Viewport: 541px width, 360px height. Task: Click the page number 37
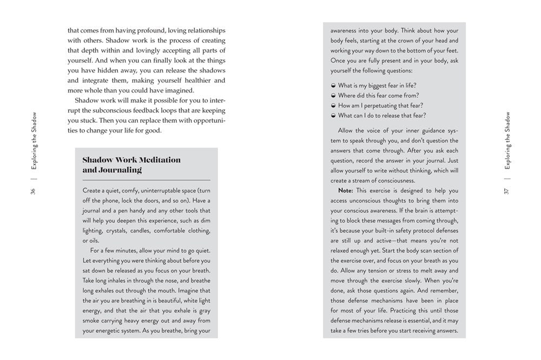[507, 191]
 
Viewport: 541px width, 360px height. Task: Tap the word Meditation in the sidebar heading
[156, 160]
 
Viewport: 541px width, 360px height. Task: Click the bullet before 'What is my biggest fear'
[332, 85]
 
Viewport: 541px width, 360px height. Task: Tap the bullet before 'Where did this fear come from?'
[332, 96]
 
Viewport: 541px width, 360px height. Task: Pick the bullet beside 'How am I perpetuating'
[332, 105]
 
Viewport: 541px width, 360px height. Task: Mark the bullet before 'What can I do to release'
[332, 116]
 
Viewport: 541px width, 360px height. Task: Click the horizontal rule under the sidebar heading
[147, 180]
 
